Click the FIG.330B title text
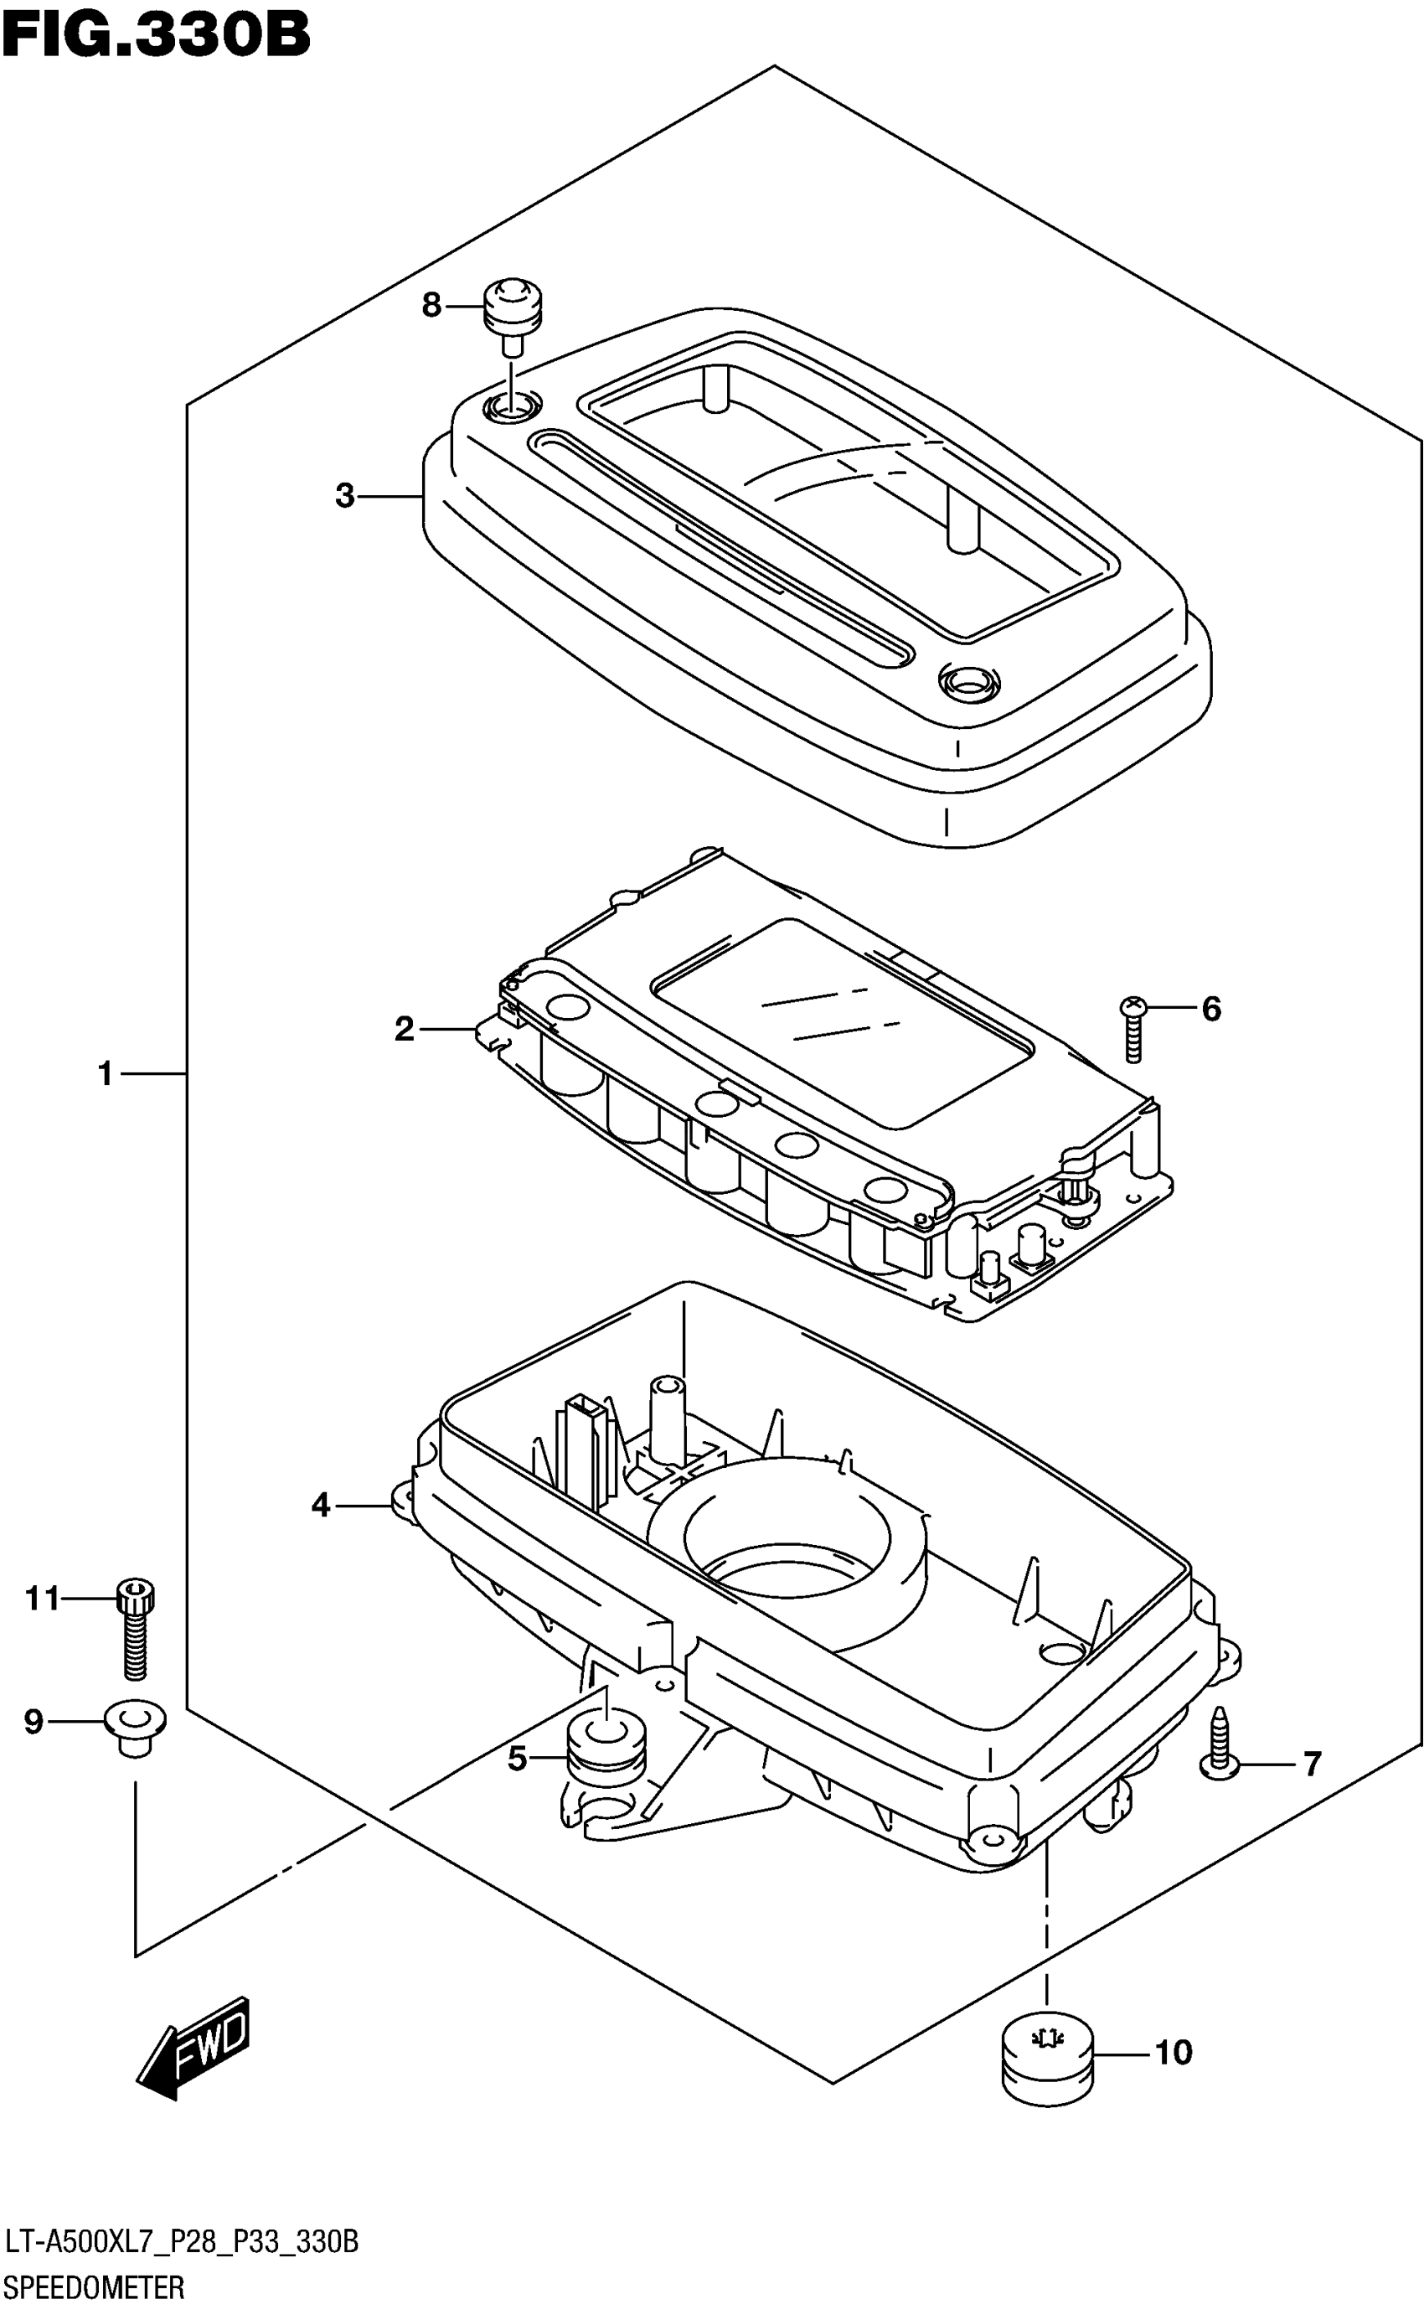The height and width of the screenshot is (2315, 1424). pos(157,35)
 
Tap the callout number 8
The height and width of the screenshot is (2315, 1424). pos(431,305)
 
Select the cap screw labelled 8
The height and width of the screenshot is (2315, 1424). pos(513,311)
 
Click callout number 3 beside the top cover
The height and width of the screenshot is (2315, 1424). pos(345,495)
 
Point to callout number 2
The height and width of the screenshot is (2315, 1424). pos(404,1029)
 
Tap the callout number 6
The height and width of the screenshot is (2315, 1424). pos(1211,1009)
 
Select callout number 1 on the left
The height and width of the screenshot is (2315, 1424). pos(106,1072)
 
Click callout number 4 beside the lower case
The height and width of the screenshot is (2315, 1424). pos(321,1505)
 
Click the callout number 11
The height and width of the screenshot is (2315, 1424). pos(43,1599)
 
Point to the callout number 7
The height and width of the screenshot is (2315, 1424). pos(1312,1763)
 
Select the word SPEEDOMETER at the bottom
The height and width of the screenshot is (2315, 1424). pos(94,2287)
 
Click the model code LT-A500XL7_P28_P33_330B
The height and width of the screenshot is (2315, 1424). pos(181,2242)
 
